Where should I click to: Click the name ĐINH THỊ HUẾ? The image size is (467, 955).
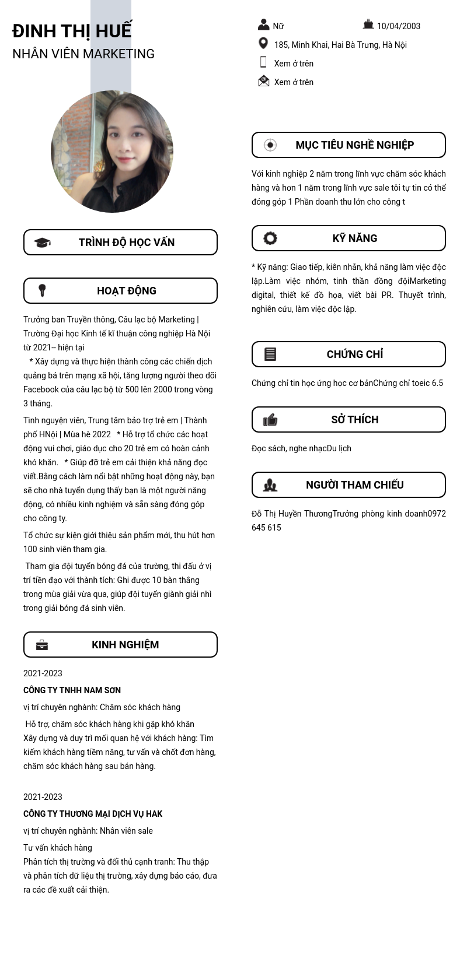coord(72,30)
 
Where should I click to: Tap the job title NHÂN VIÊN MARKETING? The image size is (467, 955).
coord(83,54)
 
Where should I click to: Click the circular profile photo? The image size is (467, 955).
coord(112,152)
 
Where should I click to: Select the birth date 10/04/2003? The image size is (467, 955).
coord(398,26)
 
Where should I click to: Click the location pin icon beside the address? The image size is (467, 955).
coord(263,44)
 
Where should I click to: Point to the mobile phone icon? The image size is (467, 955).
coord(263,62)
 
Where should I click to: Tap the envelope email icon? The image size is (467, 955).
coord(264,81)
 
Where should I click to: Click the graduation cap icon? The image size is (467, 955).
coord(42,243)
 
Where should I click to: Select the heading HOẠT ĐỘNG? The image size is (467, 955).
coord(127,291)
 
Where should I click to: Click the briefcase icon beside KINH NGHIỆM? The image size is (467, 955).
coord(42,645)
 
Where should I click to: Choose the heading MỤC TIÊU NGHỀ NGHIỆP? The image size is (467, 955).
coord(354,145)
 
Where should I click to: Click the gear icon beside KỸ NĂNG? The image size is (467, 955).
coord(270,238)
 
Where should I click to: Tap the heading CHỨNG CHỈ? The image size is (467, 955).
coord(355,354)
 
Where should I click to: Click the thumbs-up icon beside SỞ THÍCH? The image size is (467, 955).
coord(270,420)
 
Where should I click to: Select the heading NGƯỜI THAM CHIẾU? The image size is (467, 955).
coord(355,485)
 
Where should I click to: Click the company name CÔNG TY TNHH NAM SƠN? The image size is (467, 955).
coord(72,690)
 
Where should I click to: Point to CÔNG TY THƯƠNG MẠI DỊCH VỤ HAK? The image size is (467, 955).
coord(93,814)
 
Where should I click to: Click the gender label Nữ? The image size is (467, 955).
coord(278,26)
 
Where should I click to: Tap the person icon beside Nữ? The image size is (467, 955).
coord(264,24)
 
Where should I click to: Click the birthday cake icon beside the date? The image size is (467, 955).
coord(368,24)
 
